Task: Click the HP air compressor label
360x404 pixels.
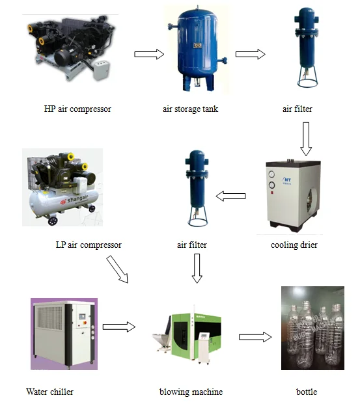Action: [x=77, y=109]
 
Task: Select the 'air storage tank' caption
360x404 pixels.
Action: [x=190, y=109]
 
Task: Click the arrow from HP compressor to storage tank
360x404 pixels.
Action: [x=149, y=55]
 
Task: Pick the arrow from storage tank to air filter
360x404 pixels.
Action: [x=250, y=55]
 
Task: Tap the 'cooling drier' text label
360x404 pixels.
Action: [x=294, y=245]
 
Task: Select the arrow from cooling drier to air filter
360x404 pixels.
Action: [x=230, y=196]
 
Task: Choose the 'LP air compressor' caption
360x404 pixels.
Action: [x=89, y=245]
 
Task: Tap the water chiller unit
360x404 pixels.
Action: [x=63, y=332]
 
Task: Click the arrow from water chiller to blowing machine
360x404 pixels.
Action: [x=118, y=325]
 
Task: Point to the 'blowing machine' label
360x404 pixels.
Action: [x=191, y=392]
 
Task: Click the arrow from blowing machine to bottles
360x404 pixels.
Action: [x=255, y=337]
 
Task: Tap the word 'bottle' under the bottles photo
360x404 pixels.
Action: [x=306, y=392]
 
